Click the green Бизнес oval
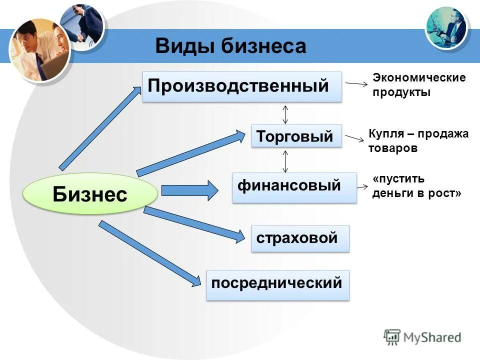(x=90, y=194)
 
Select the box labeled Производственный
(x=242, y=86)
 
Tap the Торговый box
(x=296, y=135)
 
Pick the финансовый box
(x=294, y=187)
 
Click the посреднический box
(x=277, y=285)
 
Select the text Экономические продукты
(x=419, y=85)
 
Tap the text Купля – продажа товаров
(x=418, y=141)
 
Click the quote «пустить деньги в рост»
(x=416, y=186)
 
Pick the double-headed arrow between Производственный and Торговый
(x=285, y=113)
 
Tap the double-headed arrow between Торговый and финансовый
(x=285, y=161)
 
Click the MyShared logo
(x=422, y=336)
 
